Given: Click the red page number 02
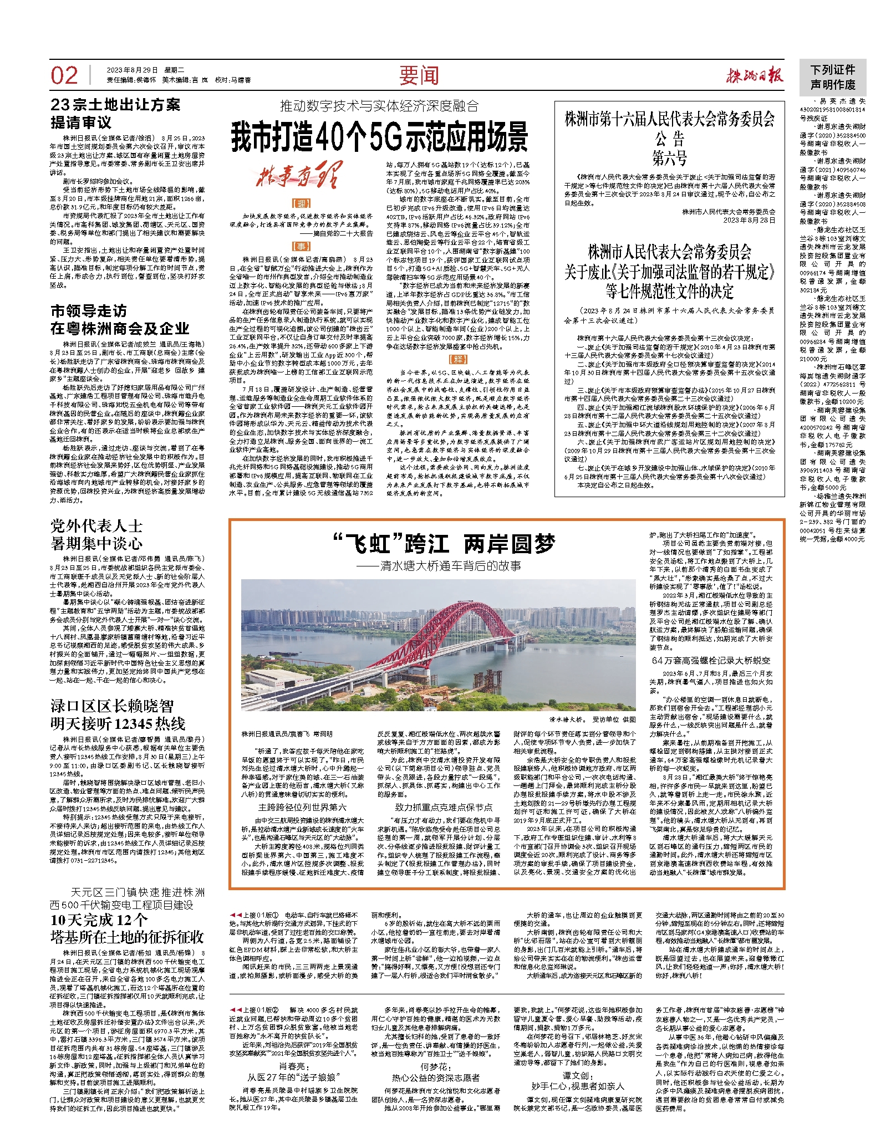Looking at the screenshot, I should pyautogui.click(x=64, y=76).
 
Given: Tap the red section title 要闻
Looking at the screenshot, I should pyautogui.click(x=419, y=76).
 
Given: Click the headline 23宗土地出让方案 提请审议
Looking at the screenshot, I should pyautogui.click(x=115, y=113).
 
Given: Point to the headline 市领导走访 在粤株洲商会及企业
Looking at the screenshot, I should pyautogui.click(x=120, y=320).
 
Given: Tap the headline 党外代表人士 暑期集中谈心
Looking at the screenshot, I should pyautogui.click(x=96, y=534).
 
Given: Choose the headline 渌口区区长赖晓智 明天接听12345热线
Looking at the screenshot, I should pyautogui.click(x=118, y=714).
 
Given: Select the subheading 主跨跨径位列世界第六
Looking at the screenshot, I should pyautogui.click(x=302, y=808).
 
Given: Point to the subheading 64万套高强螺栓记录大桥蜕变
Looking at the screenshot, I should pyautogui.click(x=711, y=660).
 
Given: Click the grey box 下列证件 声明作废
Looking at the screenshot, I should pyautogui.click(x=833, y=77).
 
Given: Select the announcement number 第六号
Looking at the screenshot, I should pyautogui.click(x=669, y=160).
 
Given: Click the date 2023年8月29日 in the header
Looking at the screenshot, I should pyautogui.click(x=133, y=70).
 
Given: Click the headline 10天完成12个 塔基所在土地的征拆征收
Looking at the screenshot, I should pyautogui.click(x=127, y=928).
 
